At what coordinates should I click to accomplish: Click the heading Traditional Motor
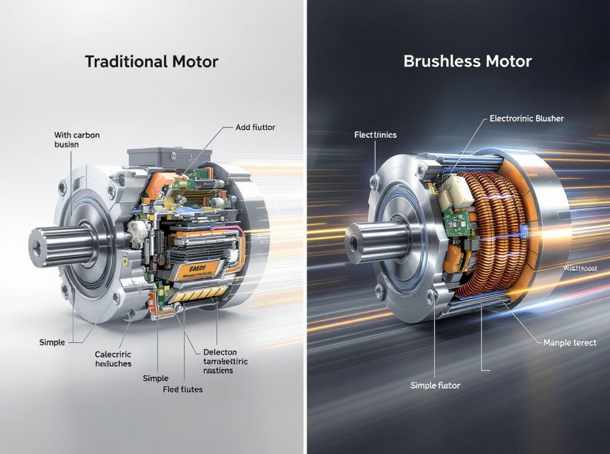coord(151,61)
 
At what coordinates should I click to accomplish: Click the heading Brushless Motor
coord(468,61)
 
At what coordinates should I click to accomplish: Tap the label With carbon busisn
coord(76,140)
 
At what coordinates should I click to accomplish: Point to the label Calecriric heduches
coord(113,359)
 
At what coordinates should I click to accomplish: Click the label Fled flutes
coord(183,390)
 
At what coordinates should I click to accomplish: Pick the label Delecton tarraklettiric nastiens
coord(221,362)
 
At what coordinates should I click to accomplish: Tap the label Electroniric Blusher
coord(526,119)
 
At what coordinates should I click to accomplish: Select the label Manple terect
coord(569,343)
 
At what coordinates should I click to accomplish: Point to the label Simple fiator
coord(435,385)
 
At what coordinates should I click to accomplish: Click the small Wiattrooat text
coord(580,268)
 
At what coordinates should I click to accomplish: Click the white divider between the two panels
coord(305,227)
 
